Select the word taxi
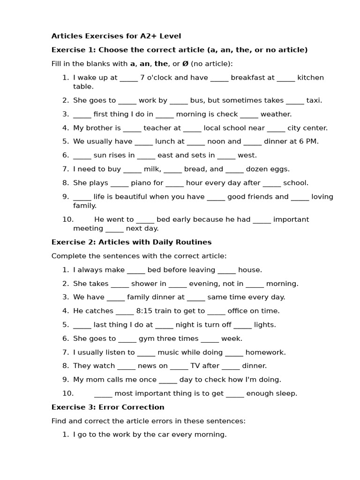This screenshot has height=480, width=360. point(314,100)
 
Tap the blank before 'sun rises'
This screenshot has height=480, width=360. point(82,156)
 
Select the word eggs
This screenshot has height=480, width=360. point(281,169)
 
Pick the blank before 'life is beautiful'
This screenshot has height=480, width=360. point(82,197)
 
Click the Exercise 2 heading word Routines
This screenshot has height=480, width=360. point(194,242)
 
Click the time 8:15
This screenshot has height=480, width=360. point(146,311)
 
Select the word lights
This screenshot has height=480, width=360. point(265,325)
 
